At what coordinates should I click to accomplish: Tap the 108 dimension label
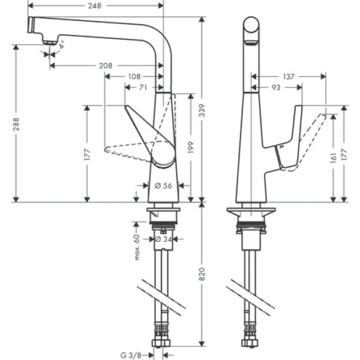click(x=134, y=76)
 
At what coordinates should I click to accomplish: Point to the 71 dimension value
click(x=143, y=88)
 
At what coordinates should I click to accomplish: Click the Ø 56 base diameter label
click(x=163, y=186)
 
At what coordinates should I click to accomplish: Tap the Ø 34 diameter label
click(x=164, y=239)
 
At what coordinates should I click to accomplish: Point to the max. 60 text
click(x=138, y=248)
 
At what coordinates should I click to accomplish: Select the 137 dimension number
click(x=289, y=76)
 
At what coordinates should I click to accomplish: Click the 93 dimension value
click(x=276, y=88)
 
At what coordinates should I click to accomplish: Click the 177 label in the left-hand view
click(x=88, y=154)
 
